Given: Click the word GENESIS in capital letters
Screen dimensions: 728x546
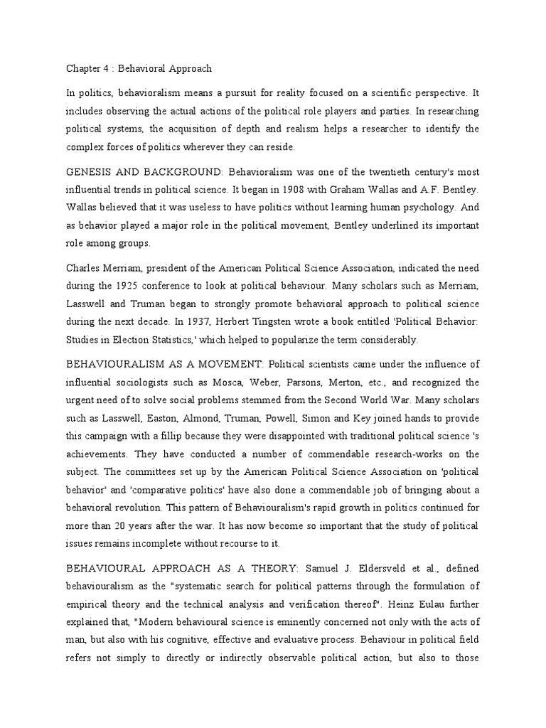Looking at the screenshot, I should (x=89, y=173).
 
